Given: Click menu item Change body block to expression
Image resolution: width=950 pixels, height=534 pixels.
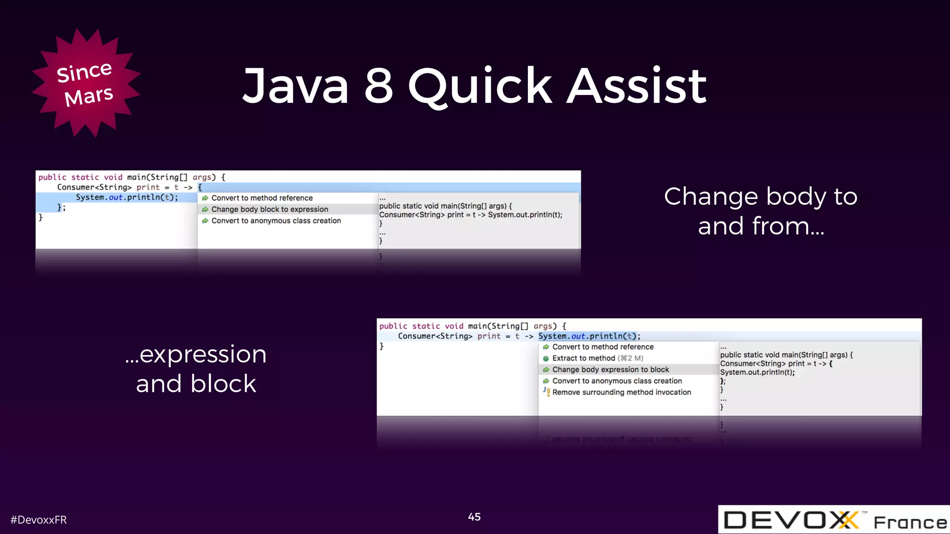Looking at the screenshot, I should [270, 210].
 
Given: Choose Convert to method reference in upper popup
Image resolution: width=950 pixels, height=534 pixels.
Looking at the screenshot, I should [262, 198].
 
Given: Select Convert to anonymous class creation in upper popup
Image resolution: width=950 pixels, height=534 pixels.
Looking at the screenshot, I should [276, 221].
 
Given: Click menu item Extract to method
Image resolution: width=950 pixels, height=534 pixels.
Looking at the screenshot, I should [583, 358].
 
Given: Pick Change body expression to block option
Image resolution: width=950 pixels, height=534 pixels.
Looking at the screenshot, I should [610, 369].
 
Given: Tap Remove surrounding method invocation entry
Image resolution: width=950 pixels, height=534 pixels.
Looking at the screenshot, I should [622, 392].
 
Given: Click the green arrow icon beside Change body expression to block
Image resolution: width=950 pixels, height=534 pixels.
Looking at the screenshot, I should [546, 370].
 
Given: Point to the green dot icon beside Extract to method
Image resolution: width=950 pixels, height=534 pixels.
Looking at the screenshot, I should [546, 358].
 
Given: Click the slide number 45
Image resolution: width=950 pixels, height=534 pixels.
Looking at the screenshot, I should [474, 517].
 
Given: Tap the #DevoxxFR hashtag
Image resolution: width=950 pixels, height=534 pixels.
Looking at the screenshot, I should [39, 520].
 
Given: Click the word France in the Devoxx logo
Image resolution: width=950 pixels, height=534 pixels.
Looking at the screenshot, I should [910, 522].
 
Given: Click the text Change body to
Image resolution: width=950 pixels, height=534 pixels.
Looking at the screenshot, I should [760, 197].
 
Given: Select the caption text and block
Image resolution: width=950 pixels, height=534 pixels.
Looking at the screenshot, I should [196, 384].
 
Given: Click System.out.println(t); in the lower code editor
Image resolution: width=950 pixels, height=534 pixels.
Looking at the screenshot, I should [589, 336].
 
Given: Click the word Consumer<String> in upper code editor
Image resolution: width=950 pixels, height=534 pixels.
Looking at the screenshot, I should [94, 187].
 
